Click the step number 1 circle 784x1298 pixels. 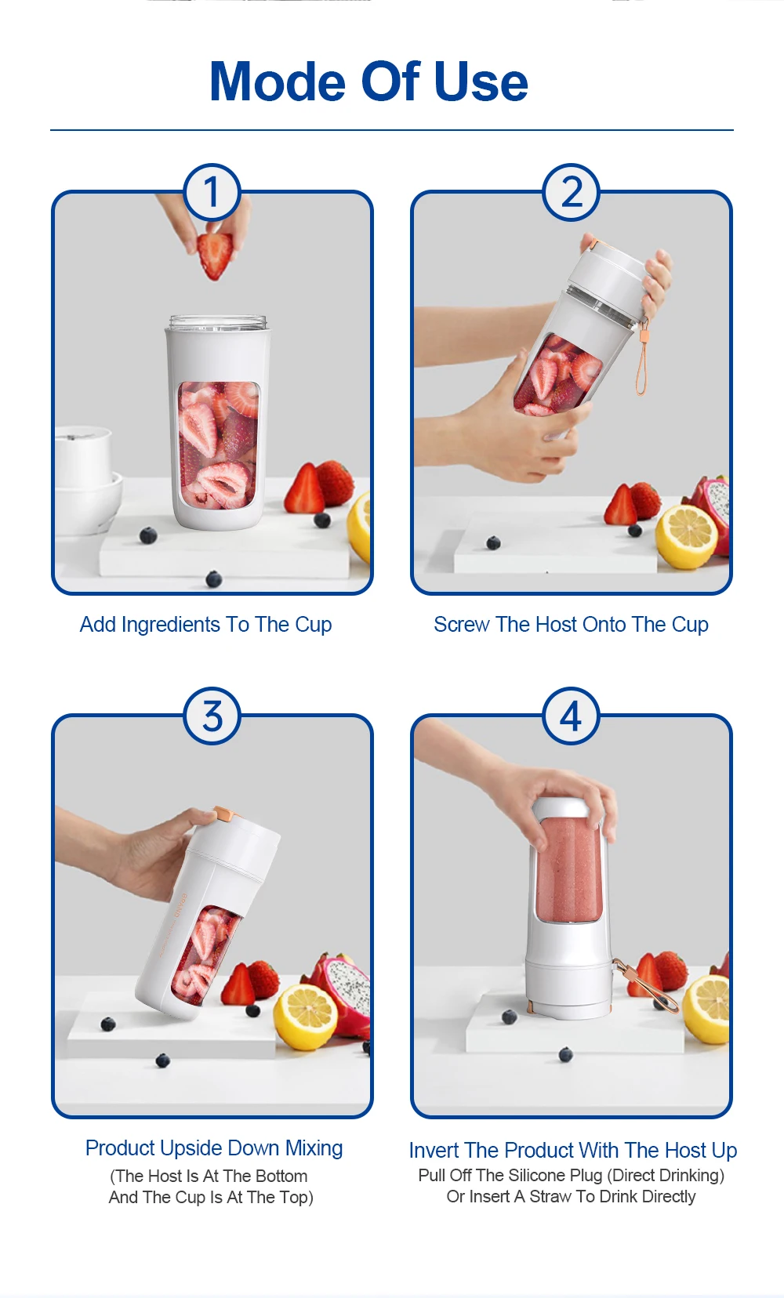[212, 192]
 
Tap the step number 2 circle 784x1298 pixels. [572, 192]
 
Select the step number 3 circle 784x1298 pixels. [212, 716]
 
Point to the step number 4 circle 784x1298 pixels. [572, 716]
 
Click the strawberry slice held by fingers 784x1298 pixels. [215, 255]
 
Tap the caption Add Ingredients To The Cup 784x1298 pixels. [205, 625]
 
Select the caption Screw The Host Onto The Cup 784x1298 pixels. [571, 625]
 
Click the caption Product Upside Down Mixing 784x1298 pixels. [214, 1148]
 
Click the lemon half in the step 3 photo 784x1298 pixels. [305, 1015]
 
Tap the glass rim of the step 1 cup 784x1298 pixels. [218, 322]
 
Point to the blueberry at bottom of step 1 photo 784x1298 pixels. [213, 578]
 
